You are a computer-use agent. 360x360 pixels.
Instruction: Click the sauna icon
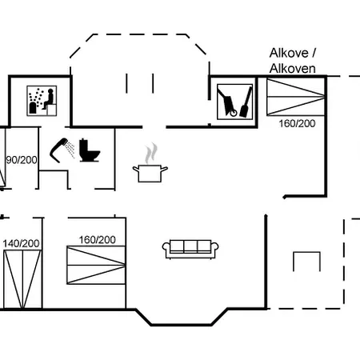(x=42, y=101)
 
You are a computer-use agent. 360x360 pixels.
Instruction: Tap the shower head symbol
(x=59, y=150)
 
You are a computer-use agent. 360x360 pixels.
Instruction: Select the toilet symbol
(x=90, y=150)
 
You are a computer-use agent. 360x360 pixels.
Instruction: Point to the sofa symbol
(x=190, y=249)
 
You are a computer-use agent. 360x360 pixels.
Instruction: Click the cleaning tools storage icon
(x=234, y=102)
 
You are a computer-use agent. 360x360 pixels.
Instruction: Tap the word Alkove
(x=289, y=53)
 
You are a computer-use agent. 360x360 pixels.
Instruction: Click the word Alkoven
(x=293, y=69)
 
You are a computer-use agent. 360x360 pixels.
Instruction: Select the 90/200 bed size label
(x=22, y=160)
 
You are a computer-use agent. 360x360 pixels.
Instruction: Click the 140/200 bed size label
(x=21, y=243)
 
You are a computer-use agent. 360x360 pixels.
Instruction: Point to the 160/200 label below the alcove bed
(x=297, y=123)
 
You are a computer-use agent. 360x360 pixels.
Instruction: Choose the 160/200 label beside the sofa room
(x=98, y=240)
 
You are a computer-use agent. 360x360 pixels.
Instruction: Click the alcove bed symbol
(x=296, y=97)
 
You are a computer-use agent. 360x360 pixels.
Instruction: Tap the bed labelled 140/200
(x=22, y=279)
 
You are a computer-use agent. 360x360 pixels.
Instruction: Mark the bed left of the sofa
(x=96, y=265)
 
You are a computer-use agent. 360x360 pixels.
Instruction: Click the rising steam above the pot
(x=151, y=154)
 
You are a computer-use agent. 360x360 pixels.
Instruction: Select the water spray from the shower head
(x=70, y=150)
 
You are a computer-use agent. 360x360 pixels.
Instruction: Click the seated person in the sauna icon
(x=48, y=99)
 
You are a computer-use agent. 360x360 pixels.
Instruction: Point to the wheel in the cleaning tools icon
(x=234, y=113)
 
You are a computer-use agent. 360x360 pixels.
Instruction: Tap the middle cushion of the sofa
(x=190, y=246)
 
